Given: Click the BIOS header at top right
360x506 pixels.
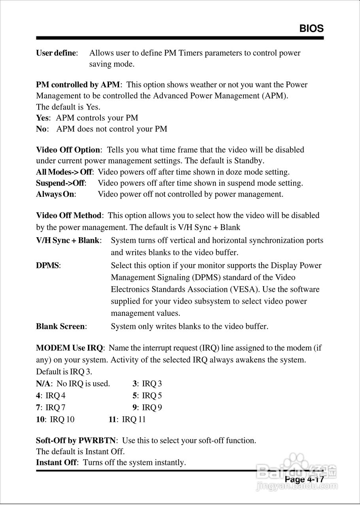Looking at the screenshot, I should [311, 28].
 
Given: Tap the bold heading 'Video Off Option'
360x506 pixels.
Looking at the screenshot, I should [68, 150].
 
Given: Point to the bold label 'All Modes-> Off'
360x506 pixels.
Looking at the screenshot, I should [64, 172].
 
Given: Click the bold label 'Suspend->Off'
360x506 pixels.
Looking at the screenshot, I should [60, 183].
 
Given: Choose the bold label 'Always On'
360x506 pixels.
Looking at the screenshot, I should [55, 194].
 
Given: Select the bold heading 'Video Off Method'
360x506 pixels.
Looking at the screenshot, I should [69, 215].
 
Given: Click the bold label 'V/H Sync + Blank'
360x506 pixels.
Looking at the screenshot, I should [68, 240].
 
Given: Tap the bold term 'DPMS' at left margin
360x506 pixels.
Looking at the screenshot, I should [47, 266].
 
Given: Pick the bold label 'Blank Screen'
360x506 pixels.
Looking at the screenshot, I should [60, 327].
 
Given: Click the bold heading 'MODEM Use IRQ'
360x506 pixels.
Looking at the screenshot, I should [69, 348].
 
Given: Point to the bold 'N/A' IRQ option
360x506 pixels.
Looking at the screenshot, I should [43, 383].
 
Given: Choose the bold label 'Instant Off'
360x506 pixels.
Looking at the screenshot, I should [56, 463].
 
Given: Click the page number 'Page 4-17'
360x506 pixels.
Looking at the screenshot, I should [304, 480].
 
